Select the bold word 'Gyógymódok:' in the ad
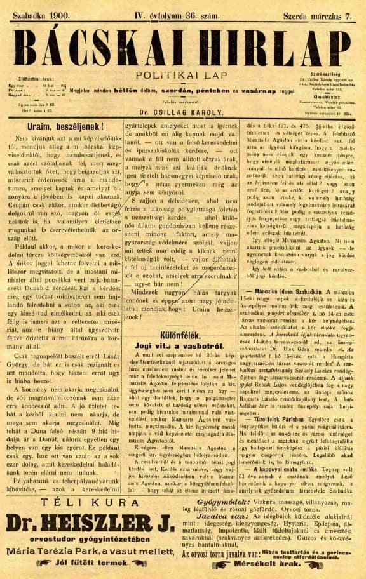point(206,501)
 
